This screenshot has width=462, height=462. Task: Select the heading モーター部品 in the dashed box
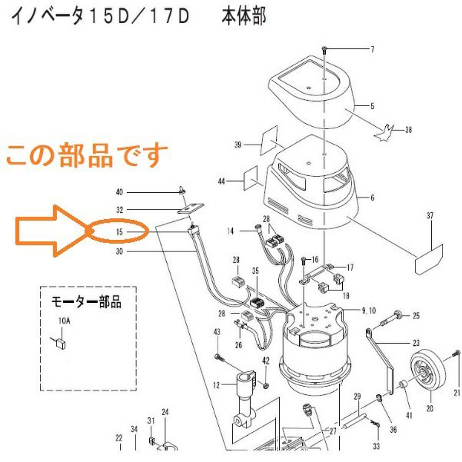[86, 301]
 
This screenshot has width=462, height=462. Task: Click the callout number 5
[372, 105]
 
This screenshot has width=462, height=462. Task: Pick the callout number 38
[407, 130]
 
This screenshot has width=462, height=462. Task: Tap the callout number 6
[372, 198]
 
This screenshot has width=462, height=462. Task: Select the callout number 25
[416, 315]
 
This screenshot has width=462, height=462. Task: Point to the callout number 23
[416, 344]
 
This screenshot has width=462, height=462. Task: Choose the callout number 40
[119, 191]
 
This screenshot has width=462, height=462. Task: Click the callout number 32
[119, 210]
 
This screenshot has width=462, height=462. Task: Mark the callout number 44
[221, 181]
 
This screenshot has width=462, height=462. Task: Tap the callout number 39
[238, 144]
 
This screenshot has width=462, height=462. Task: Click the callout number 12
[218, 384]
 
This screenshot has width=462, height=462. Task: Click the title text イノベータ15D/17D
[99, 17]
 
